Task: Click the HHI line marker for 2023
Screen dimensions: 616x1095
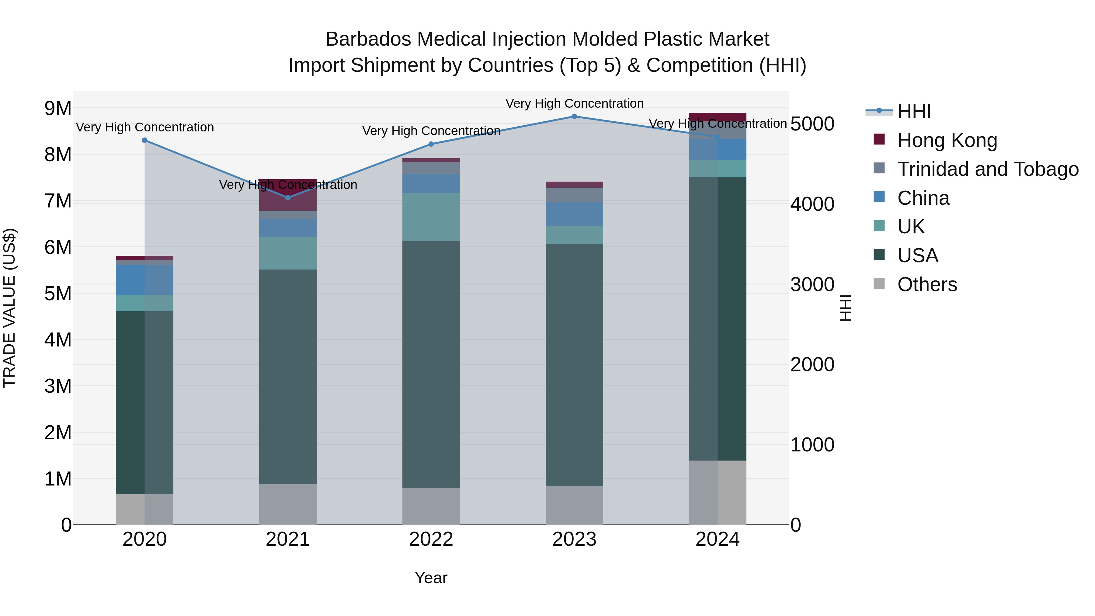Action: pyautogui.click(x=574, y=117)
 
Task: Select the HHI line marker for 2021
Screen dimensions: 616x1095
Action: pyautogui.click(x=288, y=198)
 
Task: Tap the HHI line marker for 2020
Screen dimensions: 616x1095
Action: pyautogui.click(x=144, y=140)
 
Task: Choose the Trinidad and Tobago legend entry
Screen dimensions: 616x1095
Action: pyautogui.click(x=987, y=169)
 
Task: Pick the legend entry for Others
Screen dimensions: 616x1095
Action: pyautogui.click(x=927, y=284)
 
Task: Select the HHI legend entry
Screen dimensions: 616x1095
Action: pyautogui.click(x=914, y=111)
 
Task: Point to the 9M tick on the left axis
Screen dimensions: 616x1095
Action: pyautogui.click(x=58, y=108)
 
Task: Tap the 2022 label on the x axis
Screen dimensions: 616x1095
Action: pyautogui.click(x=431, y=539)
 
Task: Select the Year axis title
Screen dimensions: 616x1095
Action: pyautogui.click(x=431, y=578)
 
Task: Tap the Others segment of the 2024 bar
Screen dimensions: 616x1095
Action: pyautogui.click(x=718, y=492)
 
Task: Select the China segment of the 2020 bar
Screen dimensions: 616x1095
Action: pyautogui.click(x=144, y=280)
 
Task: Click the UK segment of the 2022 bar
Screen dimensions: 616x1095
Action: pyautogui.click(x=431, y=217)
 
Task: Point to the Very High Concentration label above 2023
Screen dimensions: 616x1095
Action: pyautogui.click(x=574, y=103)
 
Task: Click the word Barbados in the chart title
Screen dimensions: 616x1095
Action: pyautogui.click(x=368, y=39)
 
